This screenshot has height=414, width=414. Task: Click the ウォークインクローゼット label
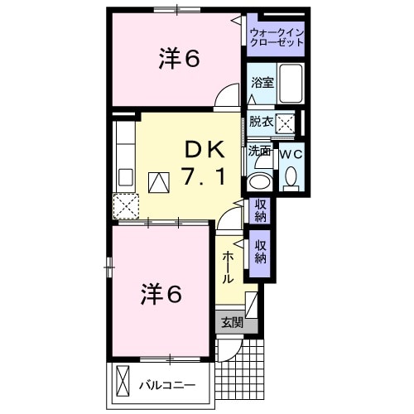click(277, 37)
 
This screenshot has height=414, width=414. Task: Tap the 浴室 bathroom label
click(262, 82)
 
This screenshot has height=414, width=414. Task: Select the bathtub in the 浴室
click(291, 84)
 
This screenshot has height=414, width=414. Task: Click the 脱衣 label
click(261, 122)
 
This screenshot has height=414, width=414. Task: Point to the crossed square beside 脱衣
click(286, 123)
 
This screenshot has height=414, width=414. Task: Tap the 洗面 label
click(259, 152)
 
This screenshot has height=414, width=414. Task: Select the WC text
click(291, 153)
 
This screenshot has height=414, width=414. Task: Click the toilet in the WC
click(291, 177)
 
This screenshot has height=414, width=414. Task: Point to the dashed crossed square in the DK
click(126, 205)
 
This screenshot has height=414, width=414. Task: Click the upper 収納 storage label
click(260, 210)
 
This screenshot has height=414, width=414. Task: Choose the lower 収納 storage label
click(261, 252)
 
